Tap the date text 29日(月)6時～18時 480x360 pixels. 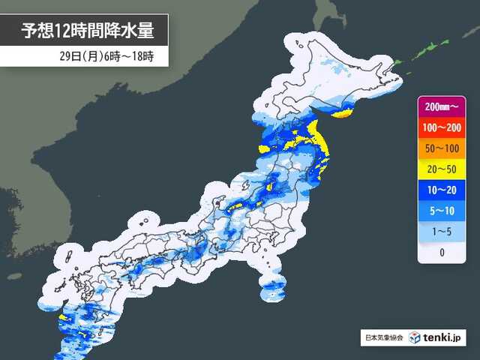pyautogui.click(x=106, y=56)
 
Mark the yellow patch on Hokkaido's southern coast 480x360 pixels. pyautogui.click(x=342, y=115)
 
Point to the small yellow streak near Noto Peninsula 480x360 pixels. pyautogui.click(x=235, y=206)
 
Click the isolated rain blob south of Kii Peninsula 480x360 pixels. pyautogui.click(x=274, y=288)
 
